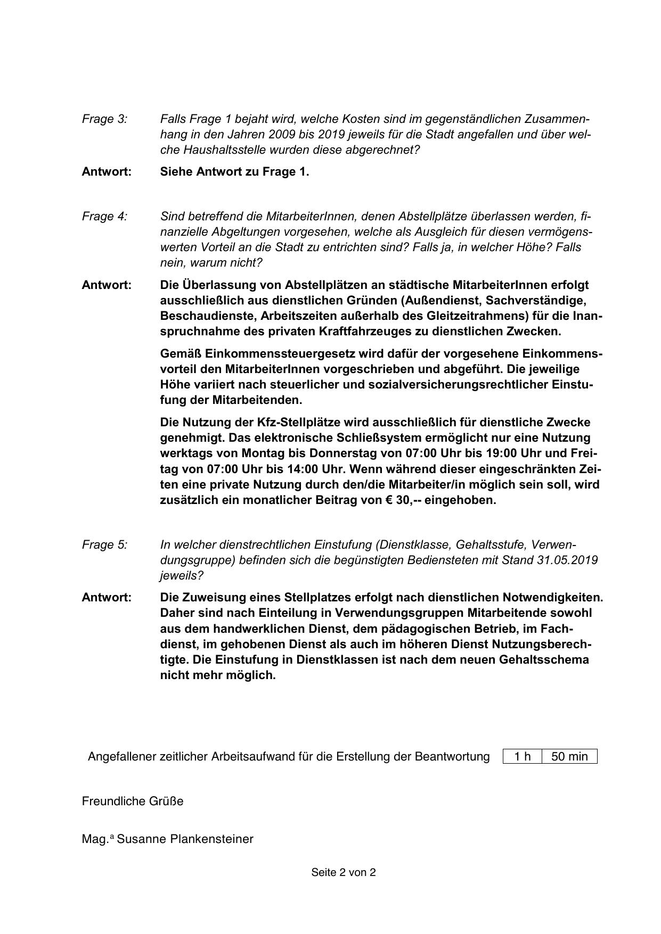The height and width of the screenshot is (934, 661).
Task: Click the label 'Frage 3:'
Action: click(104, 119)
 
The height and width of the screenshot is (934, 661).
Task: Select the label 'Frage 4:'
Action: click(104, 217)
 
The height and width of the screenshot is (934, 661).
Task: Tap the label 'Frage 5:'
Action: click(104, 545)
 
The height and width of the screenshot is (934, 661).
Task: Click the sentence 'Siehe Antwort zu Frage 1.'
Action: click(234, 172)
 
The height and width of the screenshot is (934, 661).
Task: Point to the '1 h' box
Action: click(523, 757)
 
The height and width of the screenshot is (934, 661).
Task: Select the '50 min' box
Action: click(569, 757)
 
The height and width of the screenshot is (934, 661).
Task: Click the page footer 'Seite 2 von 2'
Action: click(344, 872)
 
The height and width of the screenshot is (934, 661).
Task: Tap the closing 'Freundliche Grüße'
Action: click(133, 801)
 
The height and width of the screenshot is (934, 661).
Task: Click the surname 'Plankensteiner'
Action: click(211, 839)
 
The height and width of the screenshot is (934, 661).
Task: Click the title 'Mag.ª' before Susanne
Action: click(97, 839)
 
